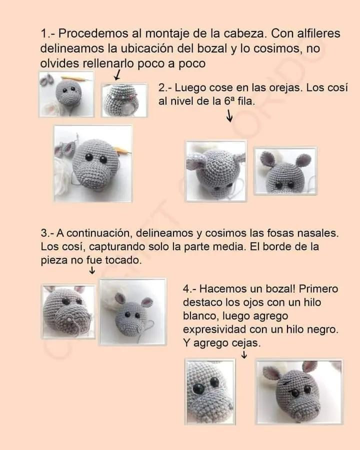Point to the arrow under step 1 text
[x=117, y=75]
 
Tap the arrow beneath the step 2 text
[x=229, y=116]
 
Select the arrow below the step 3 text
[x=92, y=270]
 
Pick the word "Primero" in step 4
[x=319, y=289]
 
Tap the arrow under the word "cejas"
[x=244, y=354]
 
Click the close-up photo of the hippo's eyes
[x=209, y=391]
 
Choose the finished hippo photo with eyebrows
[x=299, y=391]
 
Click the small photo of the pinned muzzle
[x=124, y=100]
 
